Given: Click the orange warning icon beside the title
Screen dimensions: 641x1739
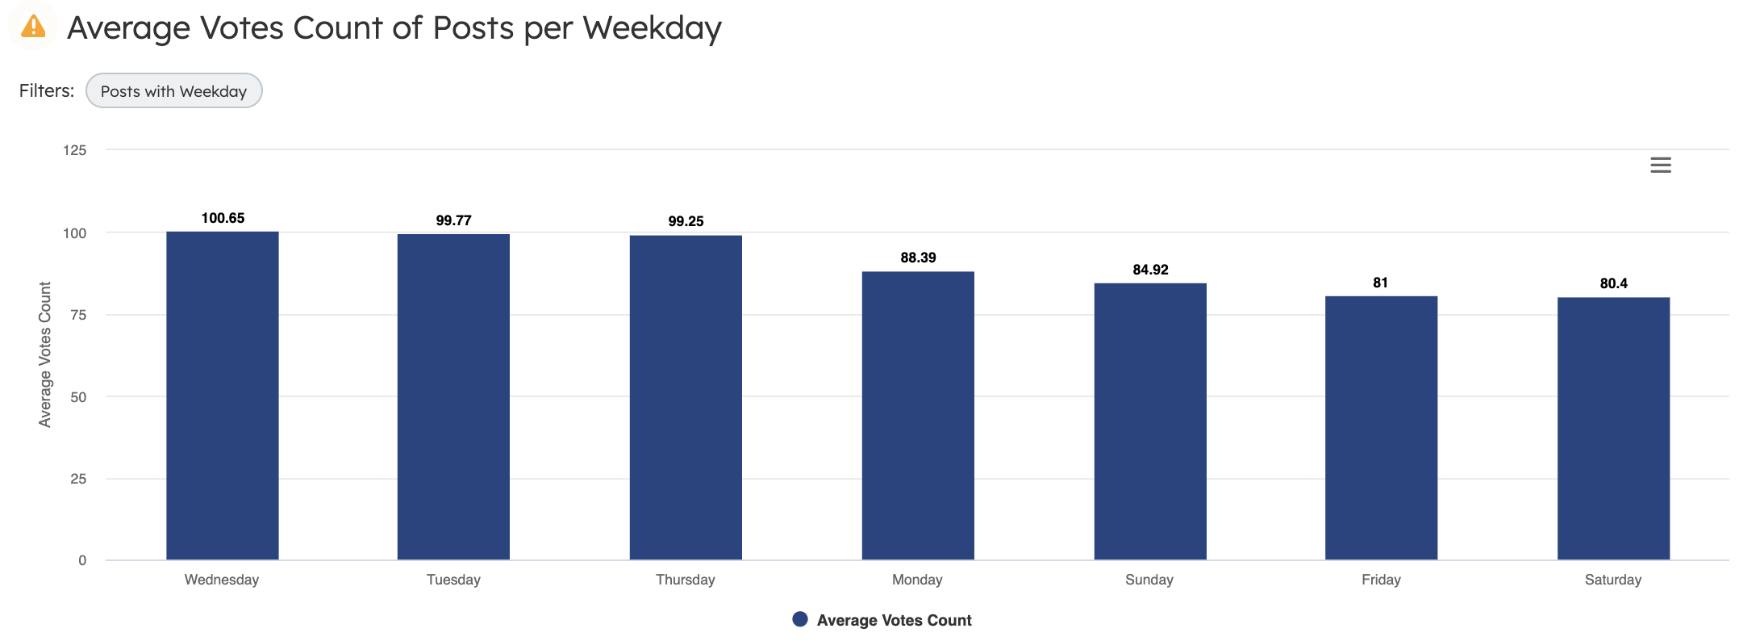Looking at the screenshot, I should click(x=33, y=27).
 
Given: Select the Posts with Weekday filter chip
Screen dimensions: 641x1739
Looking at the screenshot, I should click(x=173, y=91).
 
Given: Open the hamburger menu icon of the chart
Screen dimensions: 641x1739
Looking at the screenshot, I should click(x=1660, y=165).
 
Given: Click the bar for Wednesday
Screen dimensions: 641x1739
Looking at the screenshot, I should click(x=223, y=396).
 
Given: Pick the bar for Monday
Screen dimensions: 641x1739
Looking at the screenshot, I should click(x=918, y=416).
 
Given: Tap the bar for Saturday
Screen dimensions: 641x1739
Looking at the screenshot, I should click(x=1613, y=429).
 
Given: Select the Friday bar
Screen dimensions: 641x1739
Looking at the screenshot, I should click(x=1381, y=428).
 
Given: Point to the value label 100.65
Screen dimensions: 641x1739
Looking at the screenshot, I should click(x=223, y=218).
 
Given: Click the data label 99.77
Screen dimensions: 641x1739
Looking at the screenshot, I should click(x=453, y=220).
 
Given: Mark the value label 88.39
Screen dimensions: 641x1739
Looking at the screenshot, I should click(x=918, y=258).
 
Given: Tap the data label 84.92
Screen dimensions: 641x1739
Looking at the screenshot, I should click(x=1150, y=270).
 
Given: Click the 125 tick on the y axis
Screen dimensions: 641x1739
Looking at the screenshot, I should click(x=75, y=150).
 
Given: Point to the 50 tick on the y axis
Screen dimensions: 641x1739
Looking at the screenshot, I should click(x=78, y=397).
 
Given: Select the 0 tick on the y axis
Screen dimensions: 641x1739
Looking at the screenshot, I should click(x=82, y=560).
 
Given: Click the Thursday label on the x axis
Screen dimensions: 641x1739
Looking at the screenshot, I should click(x=685, y=580).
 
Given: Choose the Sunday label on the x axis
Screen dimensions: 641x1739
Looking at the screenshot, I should click(x=1149, y=580).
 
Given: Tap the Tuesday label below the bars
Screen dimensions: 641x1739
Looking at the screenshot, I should click(x=453, y=580).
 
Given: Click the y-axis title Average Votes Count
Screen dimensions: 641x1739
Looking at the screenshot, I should click(x=45, y=354).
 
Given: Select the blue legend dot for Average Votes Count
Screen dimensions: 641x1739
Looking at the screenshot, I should click(x=800, y=619).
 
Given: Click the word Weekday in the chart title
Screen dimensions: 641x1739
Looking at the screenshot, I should click(x=652, y=28).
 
